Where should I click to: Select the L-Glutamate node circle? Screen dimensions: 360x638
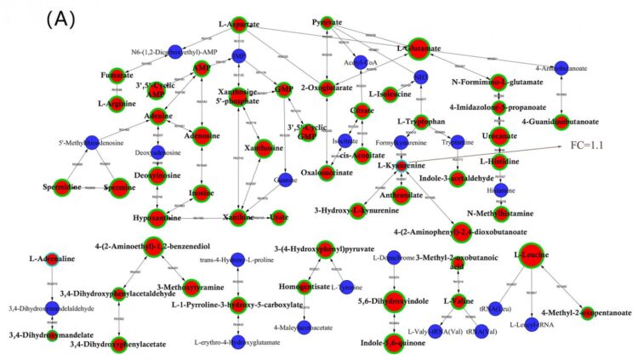point(417,49)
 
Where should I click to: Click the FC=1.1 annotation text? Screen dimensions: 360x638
point(587,146)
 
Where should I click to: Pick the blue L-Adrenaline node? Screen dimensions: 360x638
point(53,258)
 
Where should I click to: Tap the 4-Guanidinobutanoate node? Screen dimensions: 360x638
point(561,121)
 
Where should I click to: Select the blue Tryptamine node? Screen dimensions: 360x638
point(458,141)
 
